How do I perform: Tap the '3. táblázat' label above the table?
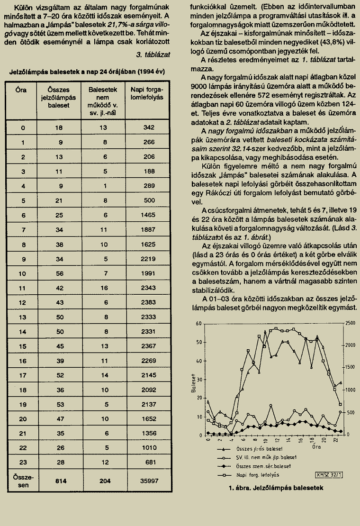coord(153,55)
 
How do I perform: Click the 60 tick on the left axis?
coord(199,323)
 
